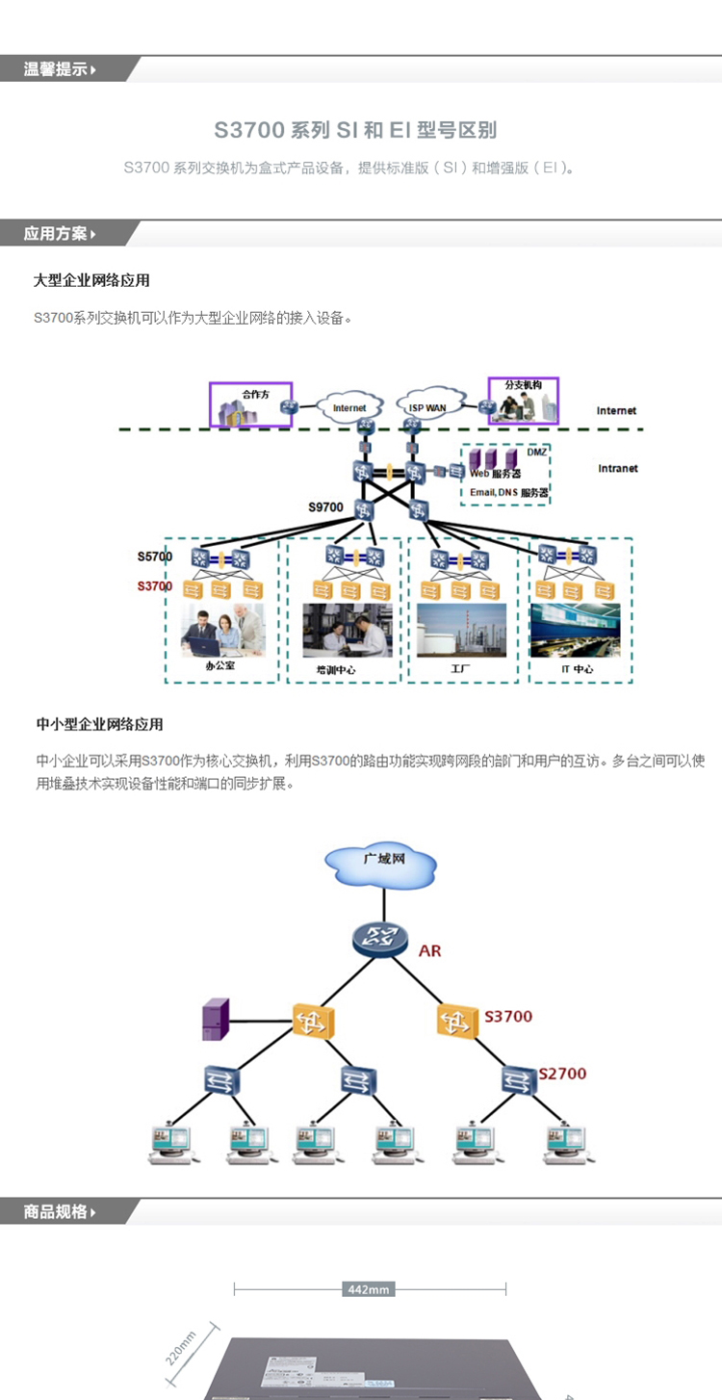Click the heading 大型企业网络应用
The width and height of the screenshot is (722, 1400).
click(91, 281)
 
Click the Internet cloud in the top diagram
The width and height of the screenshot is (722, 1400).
click(349, 408)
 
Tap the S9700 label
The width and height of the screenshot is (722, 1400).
click(325, 507)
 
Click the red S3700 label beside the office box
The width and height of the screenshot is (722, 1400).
click(154, 586)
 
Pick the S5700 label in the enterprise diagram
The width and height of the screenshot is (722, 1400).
click(154, 557)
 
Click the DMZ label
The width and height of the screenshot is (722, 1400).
click(536, 452)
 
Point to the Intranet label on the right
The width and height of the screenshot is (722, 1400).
click(617, 469)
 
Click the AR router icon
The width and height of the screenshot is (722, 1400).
click(382, 938)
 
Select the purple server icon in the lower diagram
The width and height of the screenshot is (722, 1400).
click(216, 1020)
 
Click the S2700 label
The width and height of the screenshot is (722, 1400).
click(562, 1074)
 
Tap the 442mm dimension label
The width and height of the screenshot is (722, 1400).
click(369, 1289)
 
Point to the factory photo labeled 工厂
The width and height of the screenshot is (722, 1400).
click(461, 630)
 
